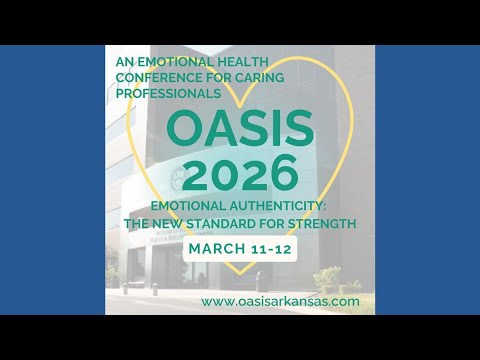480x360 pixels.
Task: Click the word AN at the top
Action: tap(125, 62)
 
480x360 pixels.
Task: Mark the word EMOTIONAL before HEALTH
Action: tap(174, 62)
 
